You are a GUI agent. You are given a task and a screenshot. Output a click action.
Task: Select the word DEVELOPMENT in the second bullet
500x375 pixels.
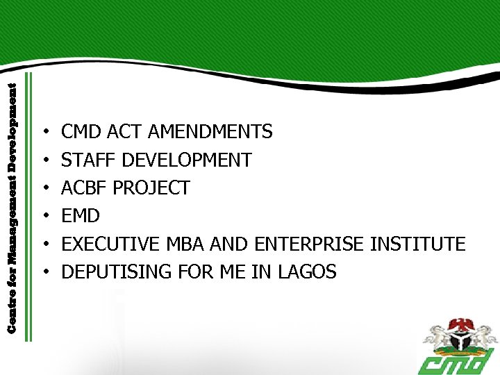click(186, 160)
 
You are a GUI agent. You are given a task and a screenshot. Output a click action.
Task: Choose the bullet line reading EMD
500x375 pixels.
click(81, 216)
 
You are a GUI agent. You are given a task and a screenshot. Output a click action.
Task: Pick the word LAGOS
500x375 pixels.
click(307, 272)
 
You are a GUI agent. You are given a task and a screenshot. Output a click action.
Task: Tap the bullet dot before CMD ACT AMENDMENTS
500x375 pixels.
click(44, 132)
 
